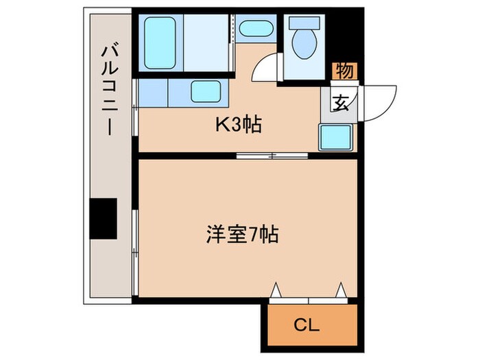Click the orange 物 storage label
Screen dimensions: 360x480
pos(346,71)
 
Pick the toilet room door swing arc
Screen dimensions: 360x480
pos(266,70)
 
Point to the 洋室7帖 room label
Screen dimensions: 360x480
pos(241,235)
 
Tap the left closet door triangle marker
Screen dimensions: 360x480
pos(276,291)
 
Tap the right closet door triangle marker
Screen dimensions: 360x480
pos(340,291)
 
